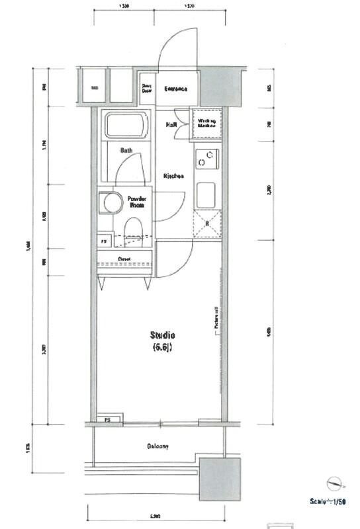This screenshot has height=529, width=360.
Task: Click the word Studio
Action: [162, 335]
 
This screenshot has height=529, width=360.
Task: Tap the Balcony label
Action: [157, 446]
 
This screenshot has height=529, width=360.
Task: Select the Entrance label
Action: [175, 89]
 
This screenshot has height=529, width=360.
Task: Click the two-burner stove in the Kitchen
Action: [206, 159]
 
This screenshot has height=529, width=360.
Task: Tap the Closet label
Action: [124, 259]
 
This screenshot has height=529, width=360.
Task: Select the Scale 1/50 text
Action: [328, 503]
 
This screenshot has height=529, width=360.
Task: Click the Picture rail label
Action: [216, 317]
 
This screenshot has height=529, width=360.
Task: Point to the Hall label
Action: [170, 124]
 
